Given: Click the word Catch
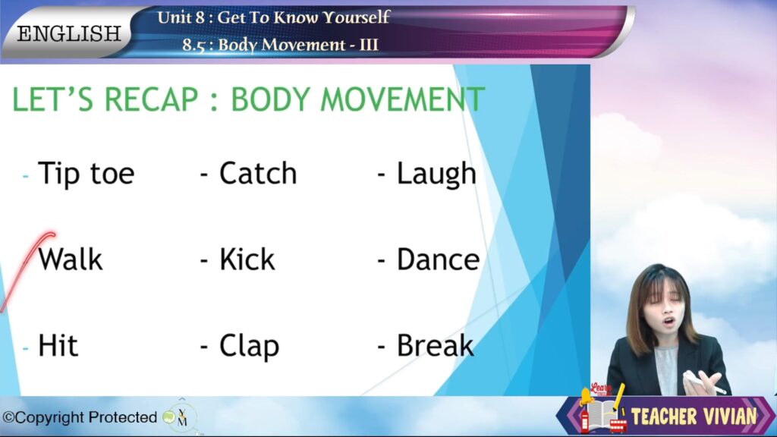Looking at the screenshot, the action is click(x=258, y=174).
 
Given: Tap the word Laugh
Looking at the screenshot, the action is click(x=436, y=174).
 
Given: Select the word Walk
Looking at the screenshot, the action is click(x=71, y=259).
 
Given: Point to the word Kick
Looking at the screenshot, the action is click(x=247, y=259).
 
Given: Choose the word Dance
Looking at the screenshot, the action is click(x=438, y=259).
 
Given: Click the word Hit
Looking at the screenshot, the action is click(x=58, y=345).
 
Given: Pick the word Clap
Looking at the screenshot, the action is click(x=249, y=346).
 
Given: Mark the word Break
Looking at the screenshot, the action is click(x=435, y=345).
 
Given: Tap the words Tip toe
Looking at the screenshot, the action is click(x=87, y=174).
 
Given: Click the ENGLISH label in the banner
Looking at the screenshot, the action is click(x=69, y=33).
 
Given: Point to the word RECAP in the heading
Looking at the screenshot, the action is click(x=151, y=99).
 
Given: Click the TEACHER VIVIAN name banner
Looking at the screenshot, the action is click(x=694, y=416).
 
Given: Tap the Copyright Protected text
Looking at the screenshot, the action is click(x=80, y=418).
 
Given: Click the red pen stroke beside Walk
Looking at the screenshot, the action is click(x=27, y=272).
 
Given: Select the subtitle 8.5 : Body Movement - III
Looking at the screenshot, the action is click(x=280, y=45).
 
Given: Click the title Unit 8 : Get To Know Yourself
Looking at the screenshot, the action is click(x=273, y=17).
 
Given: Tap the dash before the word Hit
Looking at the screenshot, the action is click(x=25, y=349).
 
